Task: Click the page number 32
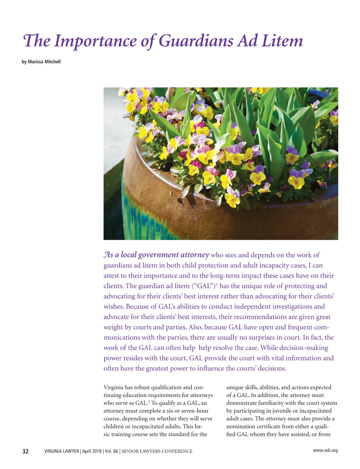(x=25, y=451)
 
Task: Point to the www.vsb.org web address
(x=325, y=450)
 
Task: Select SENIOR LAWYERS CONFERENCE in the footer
(x=157, y=451)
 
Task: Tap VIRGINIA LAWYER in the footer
(x=61, y=451)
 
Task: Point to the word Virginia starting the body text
(x=113, y=387)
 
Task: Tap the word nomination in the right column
(x=239, y=426)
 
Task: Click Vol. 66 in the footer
(x=111, y=451)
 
